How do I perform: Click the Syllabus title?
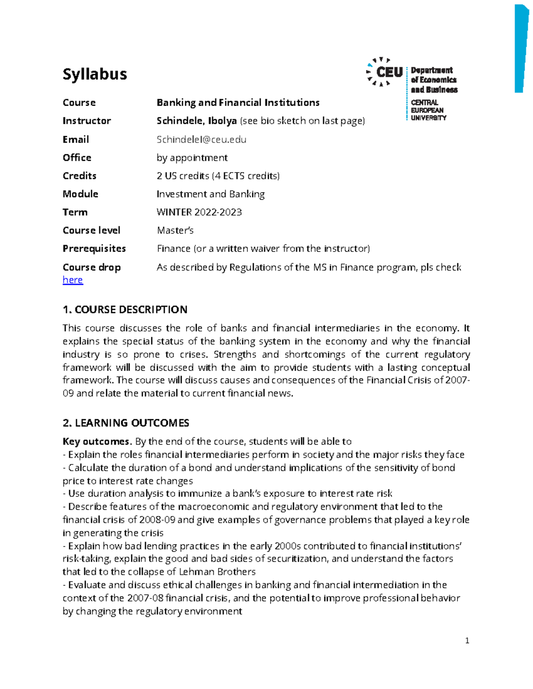click(x=95, y=74)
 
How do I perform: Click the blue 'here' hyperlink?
click(x=73, y=280)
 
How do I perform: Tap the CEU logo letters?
click(x=389, y=72)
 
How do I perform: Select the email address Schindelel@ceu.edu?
click(x=201, y=139)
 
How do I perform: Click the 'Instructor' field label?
click(x=87, y=121)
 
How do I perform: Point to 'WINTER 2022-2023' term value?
click(x=199, y=212)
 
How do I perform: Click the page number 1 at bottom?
click(x=467, y=640)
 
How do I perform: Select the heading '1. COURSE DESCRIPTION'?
click(x=125, y=309)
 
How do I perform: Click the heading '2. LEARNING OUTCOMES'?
click(x=126, y=423)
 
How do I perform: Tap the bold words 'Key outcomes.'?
click(x=97, y=441)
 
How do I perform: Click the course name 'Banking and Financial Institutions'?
click(x=238, y=102)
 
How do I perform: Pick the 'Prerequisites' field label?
click(x=94, y=248)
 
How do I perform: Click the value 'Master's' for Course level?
click(x=175, y=230)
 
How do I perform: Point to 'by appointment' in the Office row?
click(x=192, y=157)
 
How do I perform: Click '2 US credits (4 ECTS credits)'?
click(x=218, y=176)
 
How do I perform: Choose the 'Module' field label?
click(x=80, y=194)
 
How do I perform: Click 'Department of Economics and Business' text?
click(x=434, y=80)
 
